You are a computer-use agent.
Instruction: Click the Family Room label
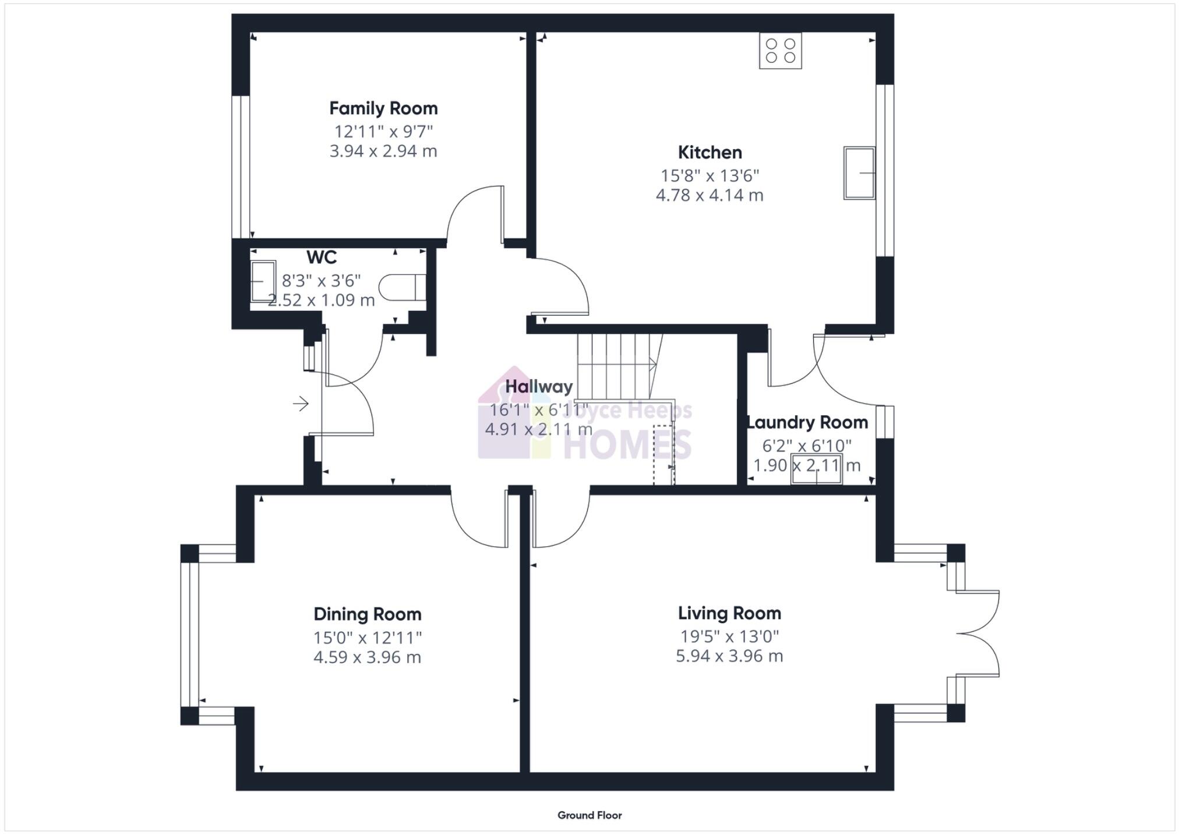383,108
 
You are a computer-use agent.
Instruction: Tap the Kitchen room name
709,153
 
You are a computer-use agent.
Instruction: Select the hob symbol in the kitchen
780,51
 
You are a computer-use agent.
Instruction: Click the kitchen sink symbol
859,172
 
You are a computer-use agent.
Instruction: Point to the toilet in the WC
401,287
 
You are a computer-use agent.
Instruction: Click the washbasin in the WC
263,281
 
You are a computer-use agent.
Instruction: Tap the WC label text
321,257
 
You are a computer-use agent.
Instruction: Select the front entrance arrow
301,403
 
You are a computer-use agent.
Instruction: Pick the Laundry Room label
807,422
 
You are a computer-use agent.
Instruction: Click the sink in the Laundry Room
816,469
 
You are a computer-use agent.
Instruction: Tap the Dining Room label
367,614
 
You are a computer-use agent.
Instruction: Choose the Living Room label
729,613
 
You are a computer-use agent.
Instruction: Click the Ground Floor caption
589,815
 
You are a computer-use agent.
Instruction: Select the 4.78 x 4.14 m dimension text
709,195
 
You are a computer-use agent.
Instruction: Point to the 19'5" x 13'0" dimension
729,636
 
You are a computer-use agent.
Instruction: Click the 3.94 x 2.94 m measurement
383,151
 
